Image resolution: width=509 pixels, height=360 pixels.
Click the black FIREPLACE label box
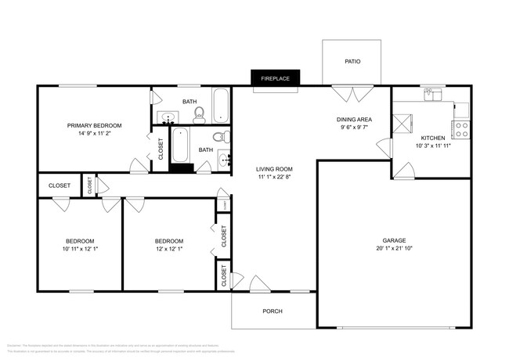coord(276,77)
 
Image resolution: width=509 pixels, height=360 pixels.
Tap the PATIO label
coord(352,61)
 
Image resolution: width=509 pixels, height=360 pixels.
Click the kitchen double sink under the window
coord(433,95)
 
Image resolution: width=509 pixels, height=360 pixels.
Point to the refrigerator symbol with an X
coord(404,122)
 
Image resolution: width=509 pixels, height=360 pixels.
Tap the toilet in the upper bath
coord(199,115)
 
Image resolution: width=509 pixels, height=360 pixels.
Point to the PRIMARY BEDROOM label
coord(94,125)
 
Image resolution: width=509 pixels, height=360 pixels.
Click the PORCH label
coord(273,311)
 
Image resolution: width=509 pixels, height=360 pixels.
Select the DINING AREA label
coord(354,119)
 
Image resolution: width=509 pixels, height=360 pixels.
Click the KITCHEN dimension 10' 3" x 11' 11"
coord(433,146)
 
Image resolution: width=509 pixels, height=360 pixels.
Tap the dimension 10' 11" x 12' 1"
coord(80,249)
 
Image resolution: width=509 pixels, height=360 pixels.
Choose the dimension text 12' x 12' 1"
coord(169,249)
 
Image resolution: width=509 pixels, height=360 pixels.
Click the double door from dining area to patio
coord(350,93)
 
